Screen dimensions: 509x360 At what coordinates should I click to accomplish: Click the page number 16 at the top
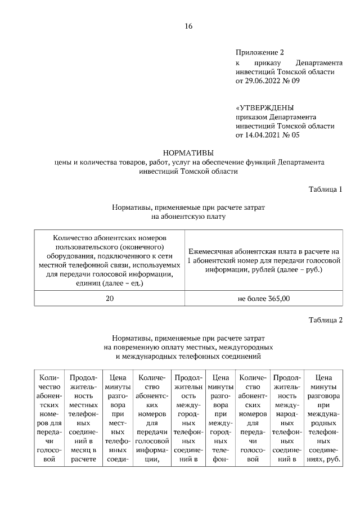tap(188, 26)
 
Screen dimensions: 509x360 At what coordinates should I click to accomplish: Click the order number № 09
tap(292, 81)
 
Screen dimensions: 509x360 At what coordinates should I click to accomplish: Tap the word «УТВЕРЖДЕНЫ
tap(264, 107)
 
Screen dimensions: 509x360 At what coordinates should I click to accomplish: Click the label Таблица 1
tap(326, 188)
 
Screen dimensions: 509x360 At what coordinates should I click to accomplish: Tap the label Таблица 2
tap(326, 321)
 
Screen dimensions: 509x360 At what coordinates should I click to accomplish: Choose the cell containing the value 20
tap(110, 298)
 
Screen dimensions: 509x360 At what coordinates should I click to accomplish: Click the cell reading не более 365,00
tap(264, 298)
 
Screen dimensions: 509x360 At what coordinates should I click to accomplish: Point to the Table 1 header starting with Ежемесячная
tap(264, 260)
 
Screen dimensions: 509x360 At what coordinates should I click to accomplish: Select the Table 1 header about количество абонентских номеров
tap(110, 260)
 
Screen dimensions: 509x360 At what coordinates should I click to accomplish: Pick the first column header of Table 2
tap(49, 418)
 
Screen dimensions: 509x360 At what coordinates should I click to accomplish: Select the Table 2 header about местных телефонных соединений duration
tap(83, 418)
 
